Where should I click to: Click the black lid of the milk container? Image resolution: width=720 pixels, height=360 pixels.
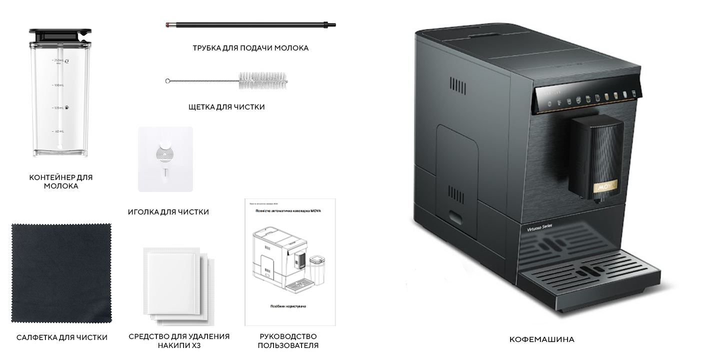tap(60, 35)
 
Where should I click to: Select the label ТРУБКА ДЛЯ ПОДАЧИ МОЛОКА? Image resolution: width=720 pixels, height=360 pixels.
tap(250, 48)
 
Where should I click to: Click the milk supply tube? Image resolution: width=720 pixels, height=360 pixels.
tap(250, 24)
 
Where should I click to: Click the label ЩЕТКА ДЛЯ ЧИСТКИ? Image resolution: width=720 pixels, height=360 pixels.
tap(226, 107)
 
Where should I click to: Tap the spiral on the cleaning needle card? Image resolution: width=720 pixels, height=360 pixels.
tap(165, 154)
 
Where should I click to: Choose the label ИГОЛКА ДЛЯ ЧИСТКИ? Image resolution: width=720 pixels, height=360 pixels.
tap(168, 212)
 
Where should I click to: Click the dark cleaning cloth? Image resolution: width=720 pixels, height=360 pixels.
tap(61, 273)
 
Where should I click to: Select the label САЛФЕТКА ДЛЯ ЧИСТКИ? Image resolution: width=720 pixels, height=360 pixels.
tap(62, 337)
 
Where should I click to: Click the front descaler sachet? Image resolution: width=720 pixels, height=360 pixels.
tap(171, 281)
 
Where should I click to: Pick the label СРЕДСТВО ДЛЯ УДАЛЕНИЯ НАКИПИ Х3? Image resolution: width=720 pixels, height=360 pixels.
tap(179, 341)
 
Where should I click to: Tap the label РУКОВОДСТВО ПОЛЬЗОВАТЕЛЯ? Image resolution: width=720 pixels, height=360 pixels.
tap(288, 341)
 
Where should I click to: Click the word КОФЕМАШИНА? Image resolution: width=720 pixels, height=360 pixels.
tap(542, 339)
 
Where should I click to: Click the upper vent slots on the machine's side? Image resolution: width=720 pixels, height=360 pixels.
tap(457, 85)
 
